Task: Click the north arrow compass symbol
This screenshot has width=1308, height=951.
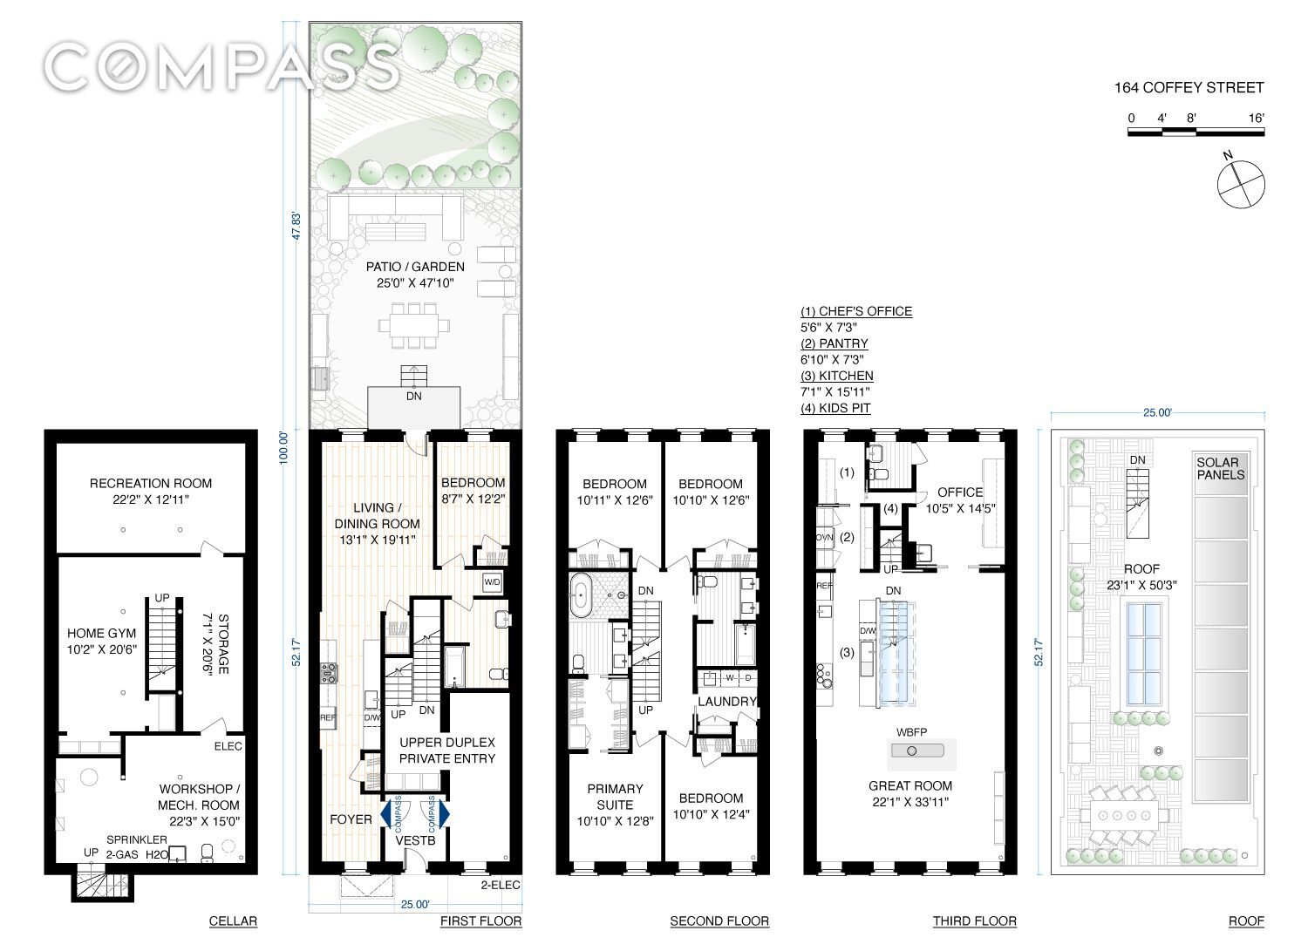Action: click(1240, 183)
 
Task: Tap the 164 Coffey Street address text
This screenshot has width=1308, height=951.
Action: click(1189, 87)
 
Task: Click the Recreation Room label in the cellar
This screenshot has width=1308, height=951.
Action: click(151, 484)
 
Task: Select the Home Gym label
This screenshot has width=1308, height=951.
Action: click(102, 634)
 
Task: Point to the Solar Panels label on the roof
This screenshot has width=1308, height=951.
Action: click(1220, 469)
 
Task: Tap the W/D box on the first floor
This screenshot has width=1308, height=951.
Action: click(492, 582)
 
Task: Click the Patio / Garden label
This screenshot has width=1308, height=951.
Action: click(415, 267)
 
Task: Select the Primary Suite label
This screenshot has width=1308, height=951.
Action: click(615, 797)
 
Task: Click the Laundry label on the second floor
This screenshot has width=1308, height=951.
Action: click(727, 701)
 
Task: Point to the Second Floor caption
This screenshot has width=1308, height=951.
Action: click(719, 921)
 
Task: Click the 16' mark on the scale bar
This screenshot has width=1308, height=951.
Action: click(1256, 118)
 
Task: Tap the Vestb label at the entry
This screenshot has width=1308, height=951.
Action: click(415, 840)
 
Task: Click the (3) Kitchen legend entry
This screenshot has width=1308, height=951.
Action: click(837, 376)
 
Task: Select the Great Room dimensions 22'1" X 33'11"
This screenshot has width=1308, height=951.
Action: click(910, 802)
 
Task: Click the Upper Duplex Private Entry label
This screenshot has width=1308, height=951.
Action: click(447, 751)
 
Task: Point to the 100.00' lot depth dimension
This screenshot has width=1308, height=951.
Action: click(284, 448)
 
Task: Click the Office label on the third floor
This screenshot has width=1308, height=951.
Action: click(960, 492)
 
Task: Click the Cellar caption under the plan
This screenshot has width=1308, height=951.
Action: click(233, 921)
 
